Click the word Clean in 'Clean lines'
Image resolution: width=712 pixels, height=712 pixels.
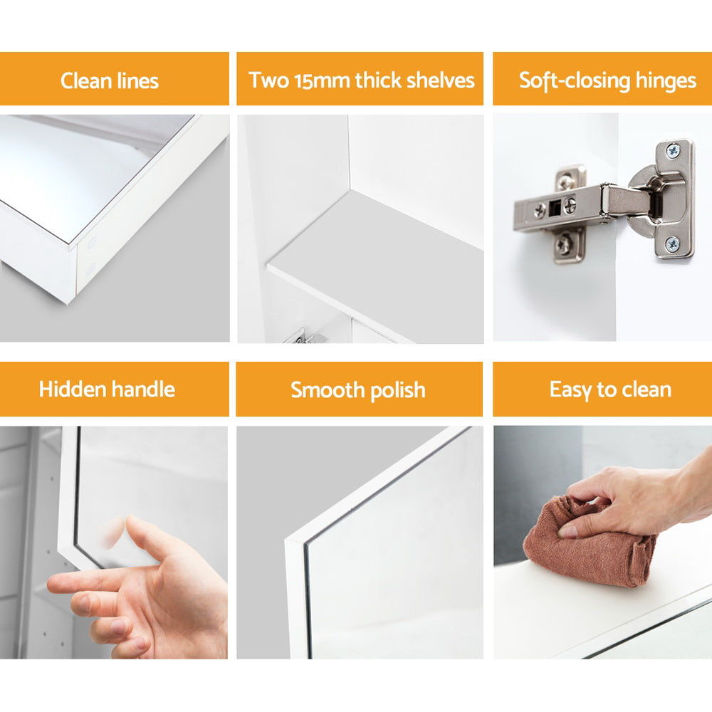tap(86, 81)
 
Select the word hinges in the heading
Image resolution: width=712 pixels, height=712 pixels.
tap(665, 81)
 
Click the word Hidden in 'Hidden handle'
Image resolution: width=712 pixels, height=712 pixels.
tap(73, 389)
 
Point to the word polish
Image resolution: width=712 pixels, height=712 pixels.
tap(397, 390)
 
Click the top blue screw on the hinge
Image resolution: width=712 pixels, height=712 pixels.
tap(673, 150)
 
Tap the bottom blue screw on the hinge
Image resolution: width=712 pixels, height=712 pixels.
tap(672, 244)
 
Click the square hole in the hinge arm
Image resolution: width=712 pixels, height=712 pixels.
tap(554, 208)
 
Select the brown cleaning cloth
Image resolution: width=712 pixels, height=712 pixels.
tap(590, 543)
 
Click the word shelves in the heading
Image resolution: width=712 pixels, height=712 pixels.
tap(440, 80)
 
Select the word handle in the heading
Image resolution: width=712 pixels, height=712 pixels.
tap(143, 389)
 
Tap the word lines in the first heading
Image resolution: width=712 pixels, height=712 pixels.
tap(137, 81)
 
